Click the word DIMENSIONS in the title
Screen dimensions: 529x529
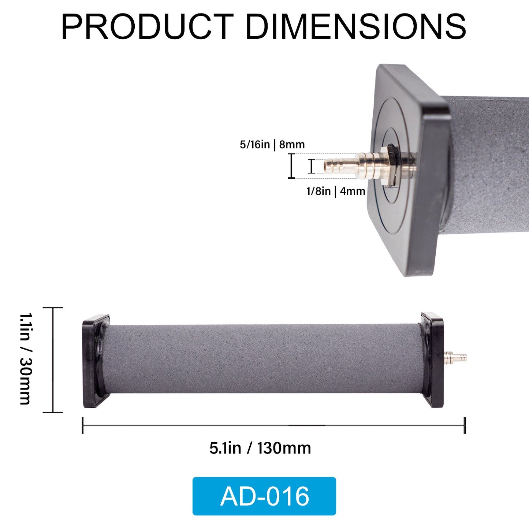coord(355,26)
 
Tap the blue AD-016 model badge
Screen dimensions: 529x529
coord(264,496)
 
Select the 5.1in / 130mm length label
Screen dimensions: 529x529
coord(260,448)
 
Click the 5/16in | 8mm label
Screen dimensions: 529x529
coord(272,145)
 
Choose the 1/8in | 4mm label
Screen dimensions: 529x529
coord(336,191)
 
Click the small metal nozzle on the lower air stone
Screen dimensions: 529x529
coord(456,356)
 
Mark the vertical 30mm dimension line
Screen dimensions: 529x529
coord(53,360)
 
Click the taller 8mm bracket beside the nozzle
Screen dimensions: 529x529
coord(291,166)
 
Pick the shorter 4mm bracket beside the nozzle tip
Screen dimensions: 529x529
coord(311,166)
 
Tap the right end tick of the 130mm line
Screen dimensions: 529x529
coord(465,425)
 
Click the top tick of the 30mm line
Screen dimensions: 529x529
coord(53,308)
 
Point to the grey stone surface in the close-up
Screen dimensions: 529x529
coord(491,165)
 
